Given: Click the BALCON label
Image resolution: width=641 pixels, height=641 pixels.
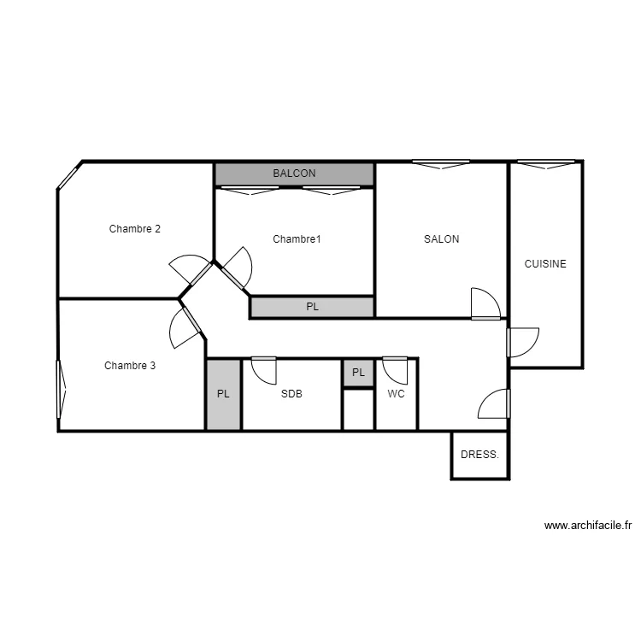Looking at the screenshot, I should pyautogui.click(x=294, y=173).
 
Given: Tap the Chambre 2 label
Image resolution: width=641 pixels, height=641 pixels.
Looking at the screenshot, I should pyautogui.click(x=135, y=229).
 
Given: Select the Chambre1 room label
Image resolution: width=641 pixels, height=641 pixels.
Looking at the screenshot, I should pyautogui.click(x=297, y=239).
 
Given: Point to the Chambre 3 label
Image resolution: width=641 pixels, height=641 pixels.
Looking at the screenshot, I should pyautogui.click(x=130, y=366).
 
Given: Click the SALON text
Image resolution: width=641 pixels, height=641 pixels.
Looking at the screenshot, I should pyautogui.click(x=441, y=239).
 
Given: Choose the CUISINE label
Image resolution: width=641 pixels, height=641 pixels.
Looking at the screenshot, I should pyautogui.click(x=545, y=264).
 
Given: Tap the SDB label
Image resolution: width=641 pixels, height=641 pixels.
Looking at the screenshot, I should pyautogui.click(x=291, y=395).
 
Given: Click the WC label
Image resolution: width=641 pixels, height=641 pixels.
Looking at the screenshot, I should pyautogui.click(x=396, y=395).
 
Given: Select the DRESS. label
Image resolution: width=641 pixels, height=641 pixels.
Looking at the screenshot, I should pyautogui.click(x=479, y=455).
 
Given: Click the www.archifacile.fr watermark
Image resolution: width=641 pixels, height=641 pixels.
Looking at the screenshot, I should pyautogui.click(x=587, y=526).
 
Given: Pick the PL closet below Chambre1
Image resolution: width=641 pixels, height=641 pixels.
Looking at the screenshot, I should pyautogui.click(x=312, y=307).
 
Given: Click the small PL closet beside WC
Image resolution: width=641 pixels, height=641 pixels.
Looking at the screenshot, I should pyautogui.click(x=358, y=373).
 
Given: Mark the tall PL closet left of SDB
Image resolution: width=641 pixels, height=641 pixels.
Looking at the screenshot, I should pyautogui.click(x=223, y=395).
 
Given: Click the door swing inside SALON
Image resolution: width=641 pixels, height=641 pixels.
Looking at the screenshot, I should pyautogui.click(x=484, y=303).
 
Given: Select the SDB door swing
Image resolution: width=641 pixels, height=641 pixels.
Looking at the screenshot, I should pyautogui.click(x=263, y=370).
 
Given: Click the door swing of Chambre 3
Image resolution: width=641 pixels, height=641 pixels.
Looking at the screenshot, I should pyautogui.click(x=185, y=328).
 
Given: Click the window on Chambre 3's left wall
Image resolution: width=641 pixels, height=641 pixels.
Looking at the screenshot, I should pyautogui.click(x=62, y=390).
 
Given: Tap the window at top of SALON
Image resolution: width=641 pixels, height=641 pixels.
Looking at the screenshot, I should pyautogui.click(x=441, y=164).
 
